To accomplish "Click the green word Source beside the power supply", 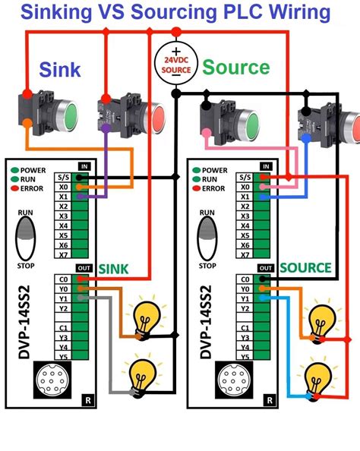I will (x=235, y=68).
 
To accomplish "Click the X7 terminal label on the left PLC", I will (x=64, y=254).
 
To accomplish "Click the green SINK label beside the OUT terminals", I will (x=115, y=268).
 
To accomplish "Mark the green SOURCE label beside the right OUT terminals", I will (x=305, y=268).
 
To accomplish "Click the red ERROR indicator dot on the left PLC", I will (x=15, y=188).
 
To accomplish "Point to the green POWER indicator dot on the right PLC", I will (x=196, y=170).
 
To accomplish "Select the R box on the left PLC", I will (x=89, y=399).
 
